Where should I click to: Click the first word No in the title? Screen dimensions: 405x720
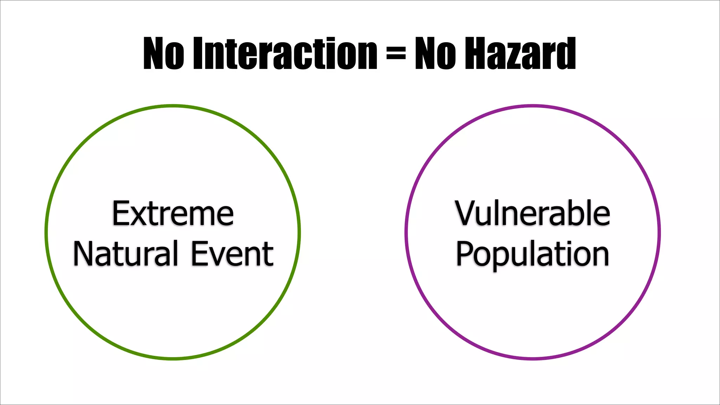pos(163,53)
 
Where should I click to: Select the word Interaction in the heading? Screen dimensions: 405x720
pos(285,53)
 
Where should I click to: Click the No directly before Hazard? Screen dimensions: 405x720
pos(436,53)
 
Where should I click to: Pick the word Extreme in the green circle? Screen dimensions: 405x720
pos(173,213)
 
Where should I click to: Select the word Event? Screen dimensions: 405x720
pos(232,253)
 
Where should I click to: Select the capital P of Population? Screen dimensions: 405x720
pos(465,253)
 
